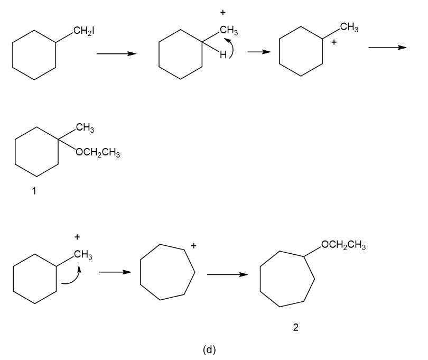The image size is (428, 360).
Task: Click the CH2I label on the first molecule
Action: tap(84, 31)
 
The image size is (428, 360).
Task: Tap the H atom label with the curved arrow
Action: tap(223, 55)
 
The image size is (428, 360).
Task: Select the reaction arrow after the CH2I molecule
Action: tap(116, 53)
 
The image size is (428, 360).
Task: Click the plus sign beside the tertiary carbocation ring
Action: tap(334, 42)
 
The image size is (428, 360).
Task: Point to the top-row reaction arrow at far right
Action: tap(387, 48)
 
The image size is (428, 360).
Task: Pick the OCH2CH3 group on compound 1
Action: tap(98, 152)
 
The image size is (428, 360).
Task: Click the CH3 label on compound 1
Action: tap(85, 127)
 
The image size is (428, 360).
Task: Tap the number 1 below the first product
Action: tap(34, 191)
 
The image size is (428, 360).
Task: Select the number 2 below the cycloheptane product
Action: tap(295, 327)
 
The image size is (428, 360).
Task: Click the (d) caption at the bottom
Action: tap(209, 349)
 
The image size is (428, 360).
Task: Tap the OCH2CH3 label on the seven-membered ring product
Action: tap(343, 245)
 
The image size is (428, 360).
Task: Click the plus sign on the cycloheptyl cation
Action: tap(193, 246)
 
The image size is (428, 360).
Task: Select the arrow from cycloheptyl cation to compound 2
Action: tap(227, 274)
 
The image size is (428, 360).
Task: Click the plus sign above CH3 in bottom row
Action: tap(77, 236)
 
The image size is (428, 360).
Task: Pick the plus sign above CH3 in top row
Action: tap(223, 12)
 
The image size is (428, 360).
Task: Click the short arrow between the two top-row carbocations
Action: tap(259, 52)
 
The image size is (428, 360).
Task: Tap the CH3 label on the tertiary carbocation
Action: tap(349, 27)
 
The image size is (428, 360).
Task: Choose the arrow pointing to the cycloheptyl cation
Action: tap(115, 272)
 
